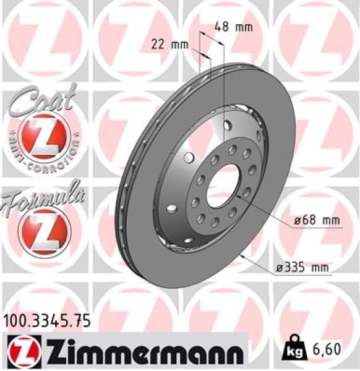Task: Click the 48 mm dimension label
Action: [x=226, y=27]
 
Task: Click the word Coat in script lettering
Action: [x=38, y=99]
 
